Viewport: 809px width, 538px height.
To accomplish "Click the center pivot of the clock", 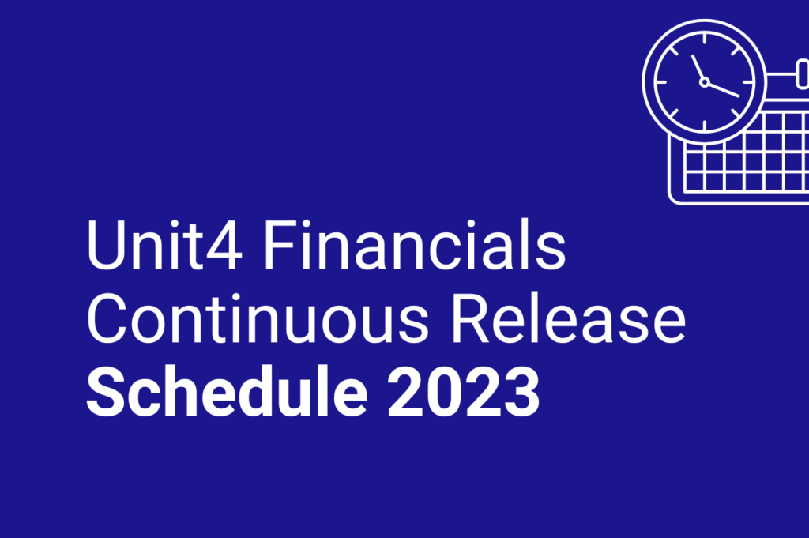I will [704, 81].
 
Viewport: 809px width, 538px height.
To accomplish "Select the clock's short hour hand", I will [698, 68].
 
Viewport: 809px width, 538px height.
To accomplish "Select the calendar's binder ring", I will [803, 76].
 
